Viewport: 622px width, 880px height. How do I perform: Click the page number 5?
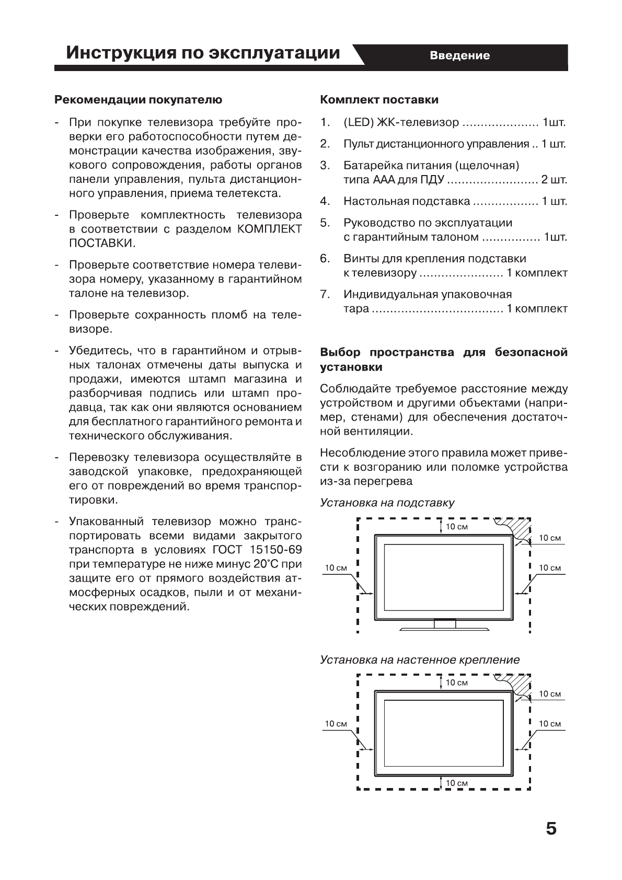551,829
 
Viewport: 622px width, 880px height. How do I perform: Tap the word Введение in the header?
459,55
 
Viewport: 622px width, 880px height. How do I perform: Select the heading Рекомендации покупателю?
139,100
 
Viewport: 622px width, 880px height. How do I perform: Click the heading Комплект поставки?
379,100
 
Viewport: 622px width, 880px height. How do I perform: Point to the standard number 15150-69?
275,550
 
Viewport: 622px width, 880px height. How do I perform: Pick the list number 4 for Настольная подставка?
325,201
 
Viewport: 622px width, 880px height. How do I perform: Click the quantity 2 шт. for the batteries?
554,180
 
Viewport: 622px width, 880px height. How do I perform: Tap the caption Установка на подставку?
387,503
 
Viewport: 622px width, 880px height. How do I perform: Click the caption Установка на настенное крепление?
420,659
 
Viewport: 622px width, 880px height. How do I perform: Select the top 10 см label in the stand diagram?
456,527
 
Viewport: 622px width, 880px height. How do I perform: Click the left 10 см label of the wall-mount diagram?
336,724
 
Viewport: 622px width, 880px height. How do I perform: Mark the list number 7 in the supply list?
325,295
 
